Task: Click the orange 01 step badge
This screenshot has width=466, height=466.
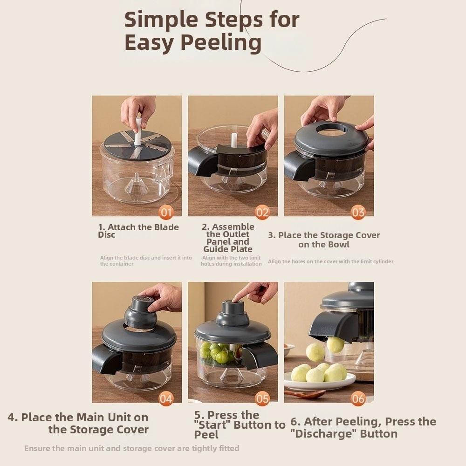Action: [x=166, y=212]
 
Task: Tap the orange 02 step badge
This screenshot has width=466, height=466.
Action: [x=262, y=212]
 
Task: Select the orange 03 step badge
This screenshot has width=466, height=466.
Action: [x=358, y=212]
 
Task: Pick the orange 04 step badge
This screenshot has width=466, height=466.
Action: [x=166, y=398]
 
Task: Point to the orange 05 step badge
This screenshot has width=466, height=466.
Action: [x=262, y=398]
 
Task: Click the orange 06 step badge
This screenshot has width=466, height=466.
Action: [x=358, y=398]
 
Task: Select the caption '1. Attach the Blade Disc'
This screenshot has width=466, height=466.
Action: [x=138, y=231]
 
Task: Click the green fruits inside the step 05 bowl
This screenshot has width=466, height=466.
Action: [x=215, y=353]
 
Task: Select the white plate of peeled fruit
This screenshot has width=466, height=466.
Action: [x=319, y=381]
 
